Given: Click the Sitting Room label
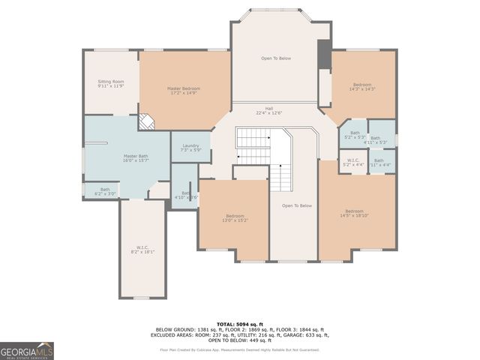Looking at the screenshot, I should coord(110,83).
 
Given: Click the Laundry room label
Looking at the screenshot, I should coord(190,148).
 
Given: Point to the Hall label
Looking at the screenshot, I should coord(268,110).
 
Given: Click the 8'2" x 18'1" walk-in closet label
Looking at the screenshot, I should coord(142,250).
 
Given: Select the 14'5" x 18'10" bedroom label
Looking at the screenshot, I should coord(356,213).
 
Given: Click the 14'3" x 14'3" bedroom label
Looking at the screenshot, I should coord(361,86).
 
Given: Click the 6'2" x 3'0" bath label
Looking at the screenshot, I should coord(105,191).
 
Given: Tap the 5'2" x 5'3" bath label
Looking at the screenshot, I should coord(355,135).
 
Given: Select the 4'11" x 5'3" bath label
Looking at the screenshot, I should coord(380,139).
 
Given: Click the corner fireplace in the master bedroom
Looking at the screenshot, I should coord(147,121).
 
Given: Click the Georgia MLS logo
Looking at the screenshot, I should coord(27,351).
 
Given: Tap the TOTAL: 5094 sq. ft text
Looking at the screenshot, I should coord(239,323).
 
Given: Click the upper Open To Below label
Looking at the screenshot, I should coord(275,58).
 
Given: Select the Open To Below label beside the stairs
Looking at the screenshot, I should coord(296,205).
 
